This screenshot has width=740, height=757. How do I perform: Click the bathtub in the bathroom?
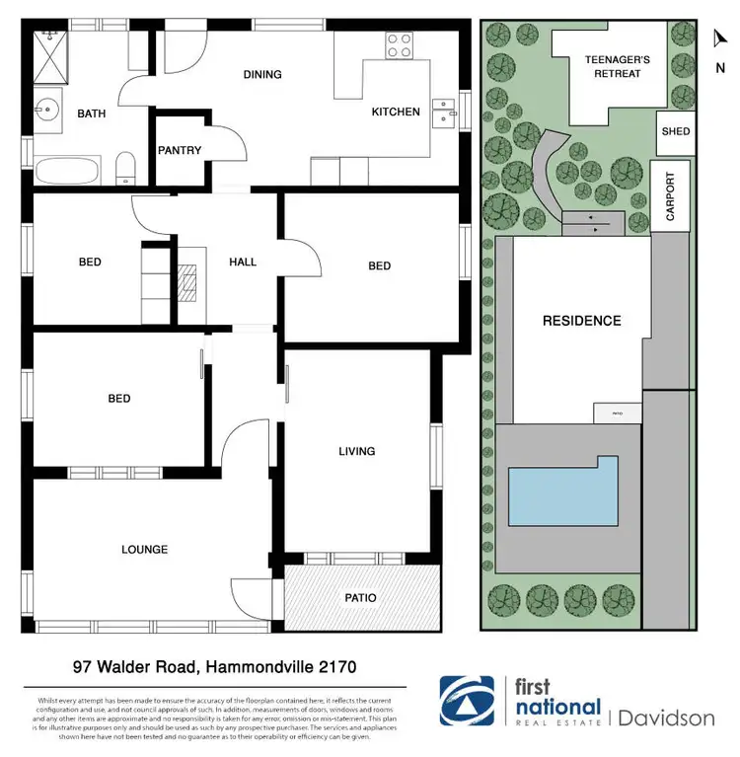(67, 173)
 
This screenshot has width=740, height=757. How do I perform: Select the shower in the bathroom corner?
(48, 46)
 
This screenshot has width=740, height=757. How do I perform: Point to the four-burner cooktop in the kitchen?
(399, 44)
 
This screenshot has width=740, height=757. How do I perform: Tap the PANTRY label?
(180, 151)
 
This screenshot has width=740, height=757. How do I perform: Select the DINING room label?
(261, 74)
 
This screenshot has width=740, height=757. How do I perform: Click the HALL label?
(243, 262)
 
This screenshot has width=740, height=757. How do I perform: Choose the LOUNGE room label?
(144, 550)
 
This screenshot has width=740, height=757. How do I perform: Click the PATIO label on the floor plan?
(360, 598)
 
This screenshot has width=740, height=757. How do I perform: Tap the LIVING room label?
(356, 451)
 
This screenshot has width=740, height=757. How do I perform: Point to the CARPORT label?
(671, 196)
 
